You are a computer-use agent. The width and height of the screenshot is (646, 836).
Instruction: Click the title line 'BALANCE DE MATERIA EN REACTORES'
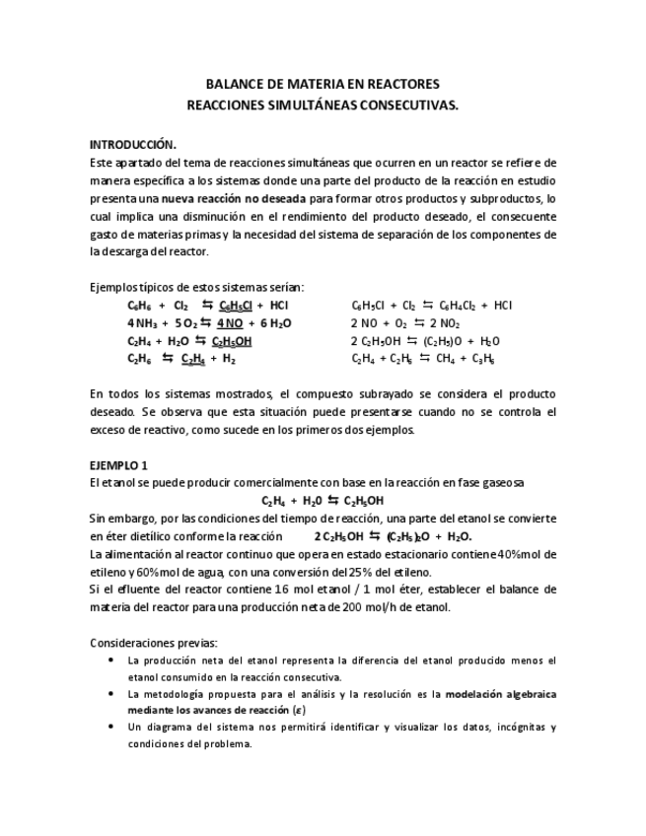coord(323,85)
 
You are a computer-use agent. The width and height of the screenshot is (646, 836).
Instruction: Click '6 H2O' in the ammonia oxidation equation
coord(275,323)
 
